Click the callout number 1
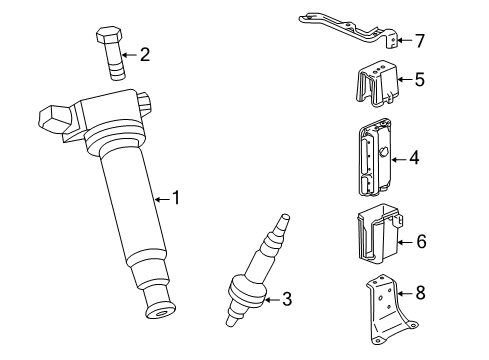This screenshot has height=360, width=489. pos(176,199)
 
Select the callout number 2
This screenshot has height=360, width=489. pos(145,54)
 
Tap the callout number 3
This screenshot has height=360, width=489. pos(286,297)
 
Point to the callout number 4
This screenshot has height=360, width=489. pos(414,158)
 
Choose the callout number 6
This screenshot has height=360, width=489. pos(420,240)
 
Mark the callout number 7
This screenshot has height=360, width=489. pos(420,41)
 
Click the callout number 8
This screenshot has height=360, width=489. pos(420,294)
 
